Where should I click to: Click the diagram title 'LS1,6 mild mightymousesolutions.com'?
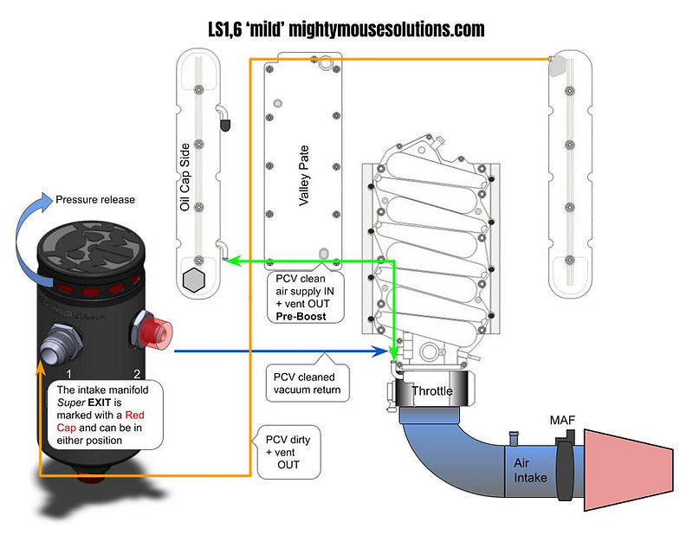click(346, 29)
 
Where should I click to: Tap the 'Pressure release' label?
click(95, 199)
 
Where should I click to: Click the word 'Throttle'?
click(431, 391)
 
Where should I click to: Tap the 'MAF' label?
click(562, 421)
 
